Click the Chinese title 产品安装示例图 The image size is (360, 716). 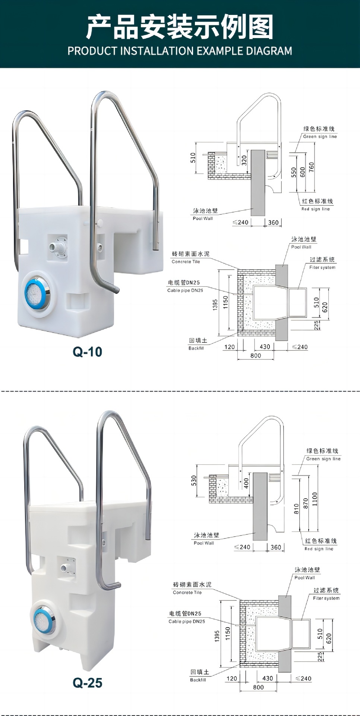[180, 27]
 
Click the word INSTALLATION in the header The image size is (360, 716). [156, 51]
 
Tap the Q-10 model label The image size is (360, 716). [87, 352]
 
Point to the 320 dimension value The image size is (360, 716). [244, 161]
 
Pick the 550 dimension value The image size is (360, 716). [294, 172]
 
